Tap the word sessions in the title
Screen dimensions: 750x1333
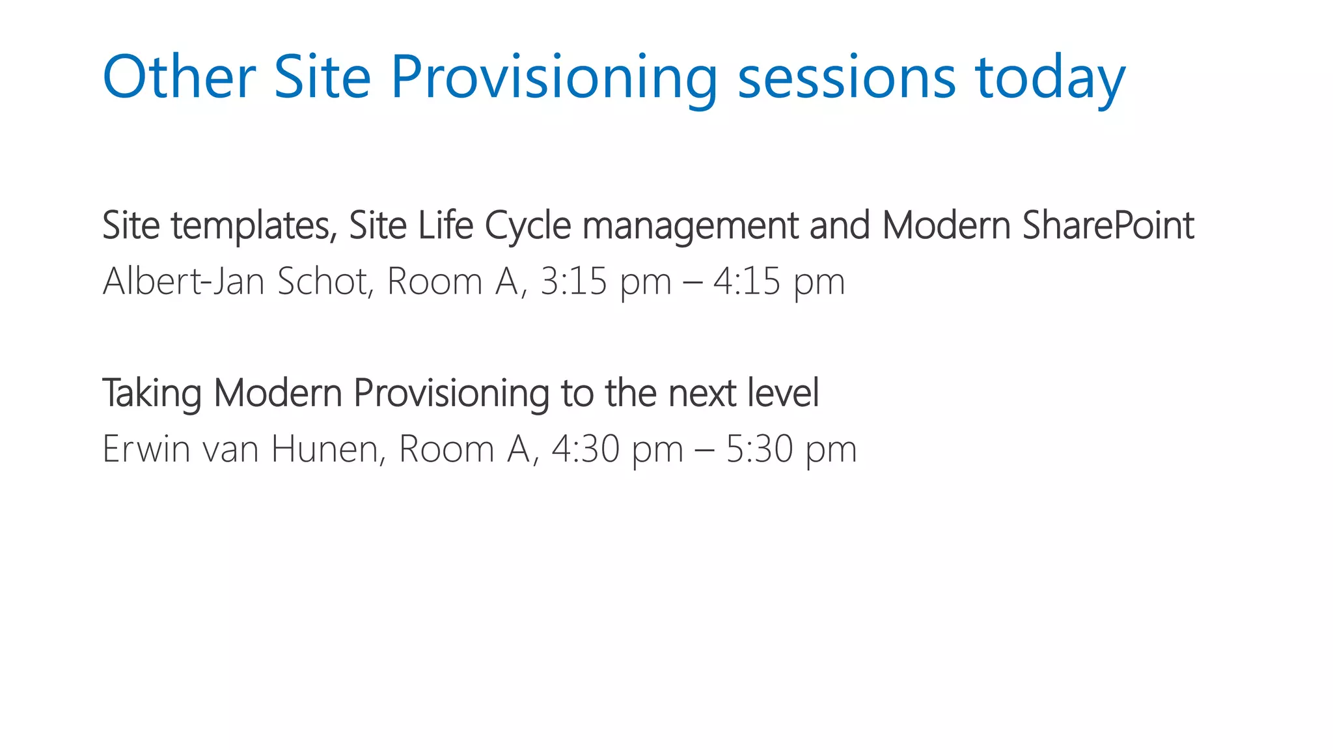846,78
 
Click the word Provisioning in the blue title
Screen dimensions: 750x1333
554,78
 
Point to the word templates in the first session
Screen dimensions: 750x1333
254,226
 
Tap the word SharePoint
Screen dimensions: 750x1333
1108,226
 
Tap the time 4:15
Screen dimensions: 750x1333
747,281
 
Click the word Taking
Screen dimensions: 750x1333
152,394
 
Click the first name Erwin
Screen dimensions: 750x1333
146,449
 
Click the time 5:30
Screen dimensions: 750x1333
759,449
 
